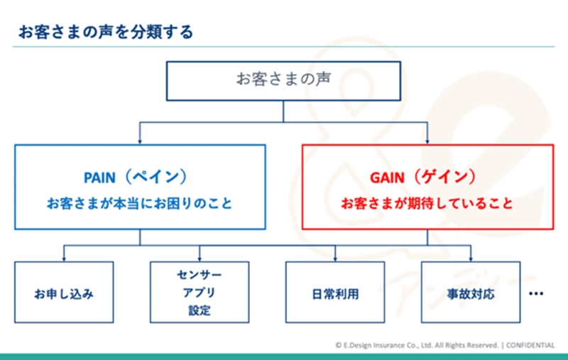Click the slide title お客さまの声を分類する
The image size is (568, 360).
[x=105, y=32]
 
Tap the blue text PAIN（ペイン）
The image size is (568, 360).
[x=136, y=177]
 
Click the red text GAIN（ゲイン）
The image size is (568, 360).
[x=423, y=177]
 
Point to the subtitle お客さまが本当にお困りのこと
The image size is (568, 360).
[x=139, y=203]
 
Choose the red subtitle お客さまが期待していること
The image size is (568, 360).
[x=427, y=203]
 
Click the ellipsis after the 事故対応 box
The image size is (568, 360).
[x=536, y=293]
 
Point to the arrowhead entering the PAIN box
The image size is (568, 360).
[x=140, y=141]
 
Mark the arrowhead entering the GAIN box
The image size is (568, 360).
[x=427, y=141]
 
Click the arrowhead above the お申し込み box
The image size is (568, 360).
[x=64, y=258]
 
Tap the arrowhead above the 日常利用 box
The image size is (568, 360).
[x=335, y=258]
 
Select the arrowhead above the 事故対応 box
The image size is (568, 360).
[x=471, y=258]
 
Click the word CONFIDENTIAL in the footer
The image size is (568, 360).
[x=530, y=345]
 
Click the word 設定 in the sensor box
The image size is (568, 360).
[x=200, y=310]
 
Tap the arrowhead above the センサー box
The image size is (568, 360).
[x=200, y=258]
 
